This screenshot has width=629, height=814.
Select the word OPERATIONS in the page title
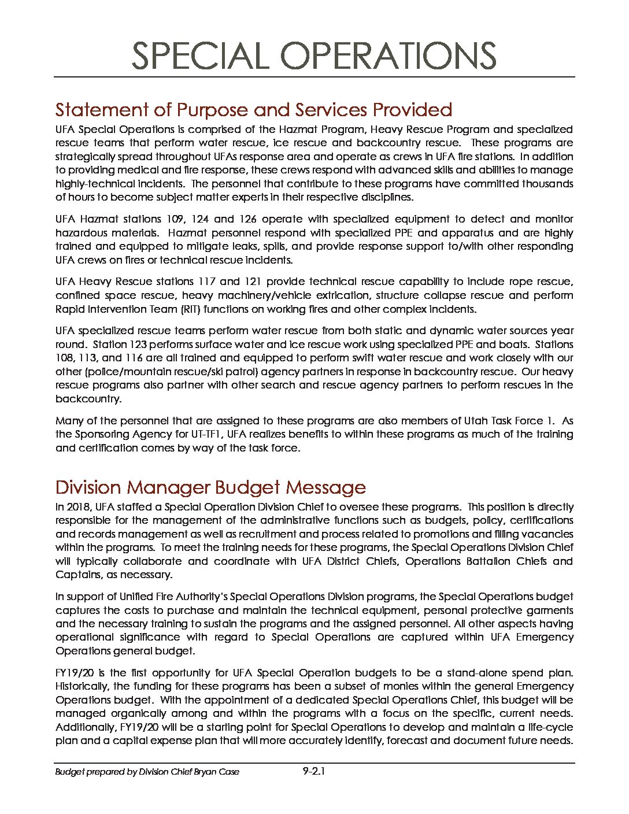pyautogui.click(x=388, y=56)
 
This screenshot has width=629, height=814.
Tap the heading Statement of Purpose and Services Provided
pyautogui.click(x=253, y=109)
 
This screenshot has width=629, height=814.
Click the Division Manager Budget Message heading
pyautogui.click(x=210, y=487)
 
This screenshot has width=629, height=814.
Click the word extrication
pyautogui.click(x=339, y=295)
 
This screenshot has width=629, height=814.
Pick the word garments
pyautogui.click(x=549, y=610)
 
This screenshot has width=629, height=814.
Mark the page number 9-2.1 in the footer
pyautogui.click(x=314, y=771)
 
